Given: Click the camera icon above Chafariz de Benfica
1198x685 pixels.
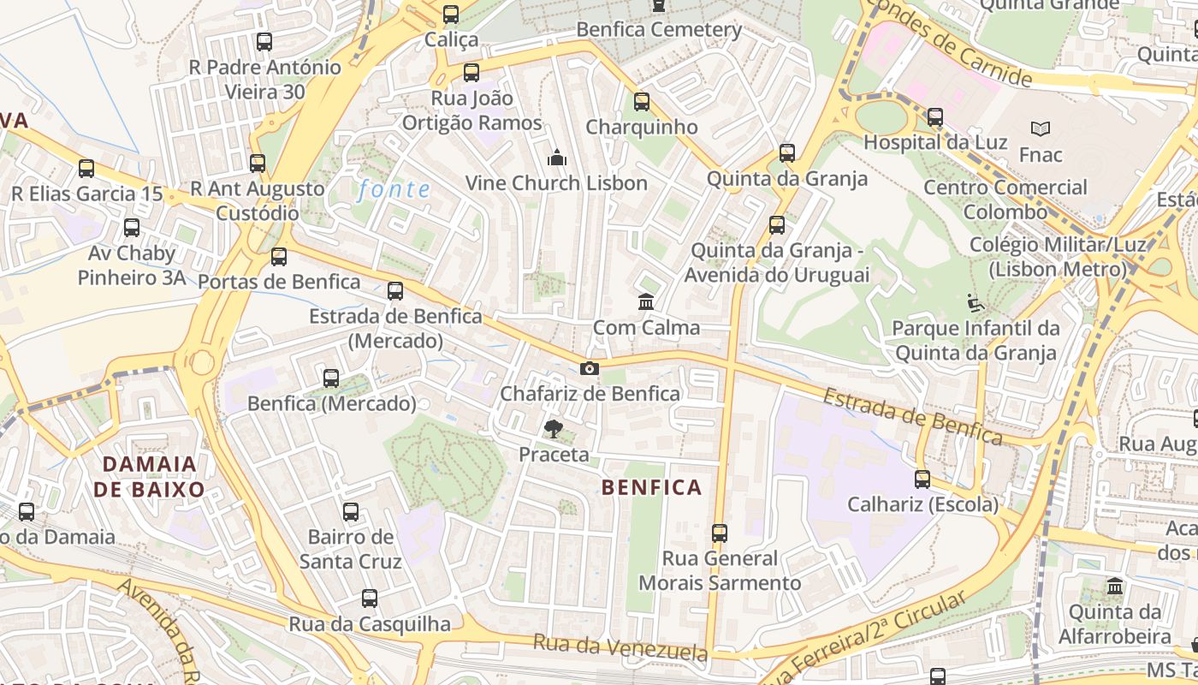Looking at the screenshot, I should tap(589, 369).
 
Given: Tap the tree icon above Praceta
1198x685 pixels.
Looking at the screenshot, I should tap(554, 429).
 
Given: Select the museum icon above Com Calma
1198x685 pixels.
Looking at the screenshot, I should tap(646, 302).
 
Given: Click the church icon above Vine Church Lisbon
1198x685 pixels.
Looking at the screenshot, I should tap(557, 158).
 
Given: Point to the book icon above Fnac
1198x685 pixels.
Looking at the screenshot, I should tap(1041, 129).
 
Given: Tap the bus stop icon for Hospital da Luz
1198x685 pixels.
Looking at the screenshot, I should tap(935, 117).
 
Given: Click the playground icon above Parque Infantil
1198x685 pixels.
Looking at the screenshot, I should tap(975, 303).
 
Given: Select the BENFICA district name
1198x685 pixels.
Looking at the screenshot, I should tap(652, 488).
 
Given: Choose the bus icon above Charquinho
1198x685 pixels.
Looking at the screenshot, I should tap(642, 103).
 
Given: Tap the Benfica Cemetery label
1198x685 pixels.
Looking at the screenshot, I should tap(659, 30).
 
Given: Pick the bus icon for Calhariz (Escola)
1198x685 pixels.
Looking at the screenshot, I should tap(922, 479).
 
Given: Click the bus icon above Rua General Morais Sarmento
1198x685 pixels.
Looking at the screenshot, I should tap(720, 533).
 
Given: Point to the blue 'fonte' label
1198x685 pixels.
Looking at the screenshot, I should tap(394, 189).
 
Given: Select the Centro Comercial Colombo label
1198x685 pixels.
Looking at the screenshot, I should tap(1005, 200).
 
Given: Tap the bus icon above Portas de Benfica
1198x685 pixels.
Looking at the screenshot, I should tap(279, 257).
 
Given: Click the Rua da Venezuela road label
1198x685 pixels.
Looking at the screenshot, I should tap(620, 647).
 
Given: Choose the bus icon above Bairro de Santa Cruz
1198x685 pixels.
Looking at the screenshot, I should tap(351, 512).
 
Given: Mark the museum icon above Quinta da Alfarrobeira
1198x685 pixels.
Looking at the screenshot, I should tap(1115, 587).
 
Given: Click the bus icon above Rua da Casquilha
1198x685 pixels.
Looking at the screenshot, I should tap(370, 599).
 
